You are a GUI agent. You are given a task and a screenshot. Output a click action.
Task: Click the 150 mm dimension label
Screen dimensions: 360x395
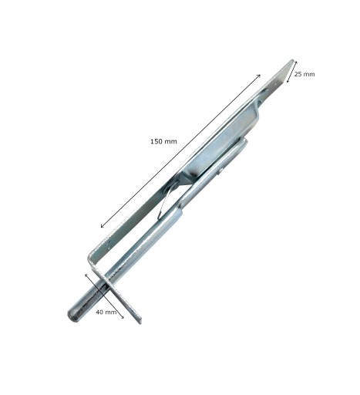163,141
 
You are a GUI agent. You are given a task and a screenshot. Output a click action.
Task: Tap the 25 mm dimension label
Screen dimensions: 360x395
304,74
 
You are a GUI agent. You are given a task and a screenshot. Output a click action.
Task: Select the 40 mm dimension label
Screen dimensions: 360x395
106,312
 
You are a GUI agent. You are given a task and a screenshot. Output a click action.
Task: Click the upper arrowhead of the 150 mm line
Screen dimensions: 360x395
259,76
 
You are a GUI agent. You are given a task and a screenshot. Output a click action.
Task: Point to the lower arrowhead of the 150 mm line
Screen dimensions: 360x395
102,226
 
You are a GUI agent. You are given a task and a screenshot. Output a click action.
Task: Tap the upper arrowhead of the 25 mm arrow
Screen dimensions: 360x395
296,62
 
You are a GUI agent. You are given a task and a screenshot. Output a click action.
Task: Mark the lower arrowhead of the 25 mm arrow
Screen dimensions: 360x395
288,81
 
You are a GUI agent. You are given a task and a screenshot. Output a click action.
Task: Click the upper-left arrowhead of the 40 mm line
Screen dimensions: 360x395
86,275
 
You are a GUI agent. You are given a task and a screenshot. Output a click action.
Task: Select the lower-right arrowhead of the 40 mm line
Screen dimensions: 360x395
123,317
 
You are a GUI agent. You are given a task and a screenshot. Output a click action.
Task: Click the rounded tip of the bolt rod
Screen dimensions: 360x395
72,316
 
